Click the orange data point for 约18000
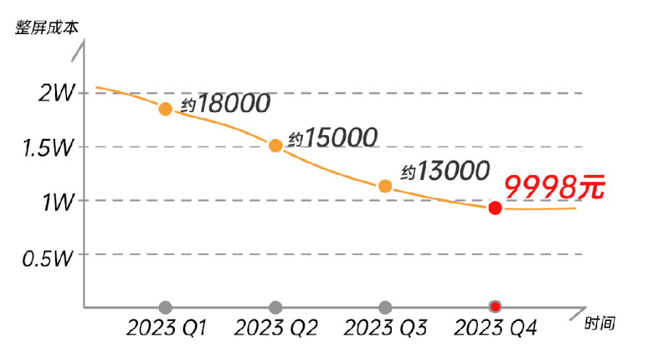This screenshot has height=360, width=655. coord(166,109)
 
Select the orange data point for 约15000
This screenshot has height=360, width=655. coord(275,145)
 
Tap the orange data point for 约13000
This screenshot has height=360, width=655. coord(385,186)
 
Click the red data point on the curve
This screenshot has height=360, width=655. coord(495,208)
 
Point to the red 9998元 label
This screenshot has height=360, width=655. coord(553,188)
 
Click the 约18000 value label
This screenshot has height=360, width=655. coord(225,103)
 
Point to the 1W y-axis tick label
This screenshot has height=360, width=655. coord(59,201)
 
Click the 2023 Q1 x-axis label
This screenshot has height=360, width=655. coord(167,328)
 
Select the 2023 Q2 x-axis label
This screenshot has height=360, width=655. coord(277,328)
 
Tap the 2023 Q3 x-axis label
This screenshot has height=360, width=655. coord(386,328)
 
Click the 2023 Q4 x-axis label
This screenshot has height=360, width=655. coord(496,328)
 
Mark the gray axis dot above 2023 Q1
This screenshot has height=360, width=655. coord(166,307)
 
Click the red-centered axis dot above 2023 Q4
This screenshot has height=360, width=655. coord(495,307)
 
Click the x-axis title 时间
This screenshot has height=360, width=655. coord(600,323)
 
